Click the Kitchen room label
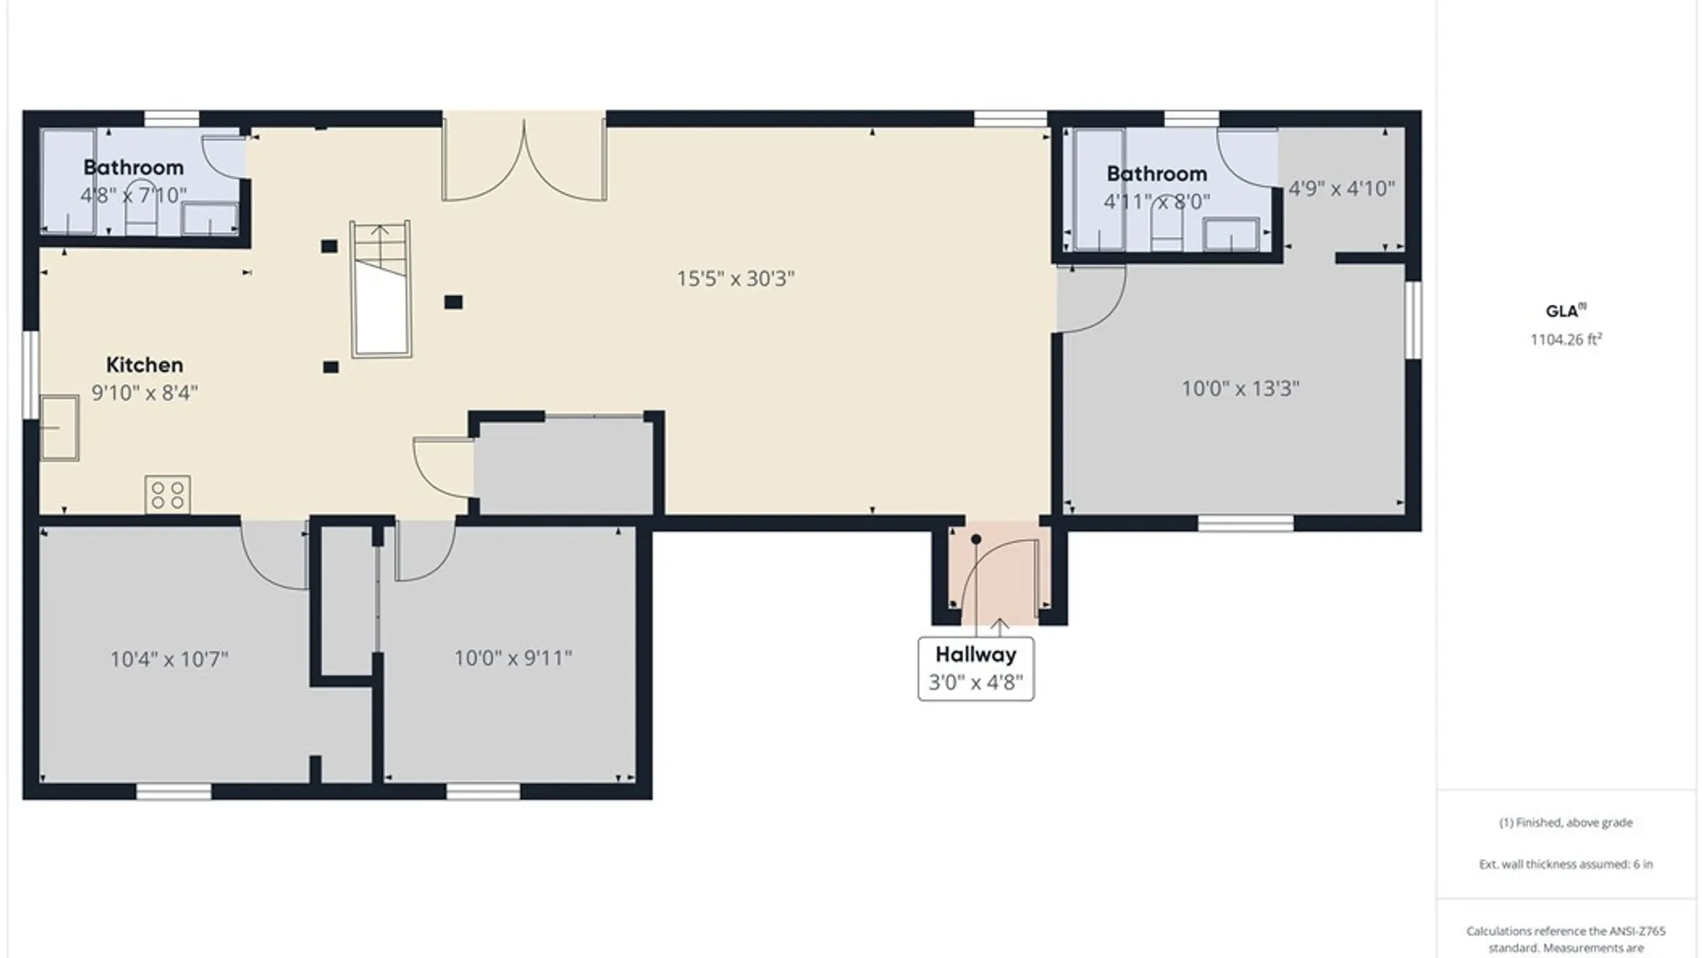pyautogui.click(x=144, y=365)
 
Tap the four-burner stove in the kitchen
pyautogui.click(x=168, y=495)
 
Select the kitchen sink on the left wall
pyautogui.click(x=59, y=428)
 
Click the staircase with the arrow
pyautogui.click(x=381, y=289)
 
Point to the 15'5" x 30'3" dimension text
pyautogui.click(x=736, y=279)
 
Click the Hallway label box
pyautogui.click(x=976, y=669)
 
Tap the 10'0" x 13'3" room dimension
pyautogui.click(x=1240, y=389)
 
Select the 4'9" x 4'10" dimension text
pyautogui.click(x=1341, y=188)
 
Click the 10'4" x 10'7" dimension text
pyautogui.click(x=169, y=659)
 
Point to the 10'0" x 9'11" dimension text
pyautogui.click(x=513, y=658)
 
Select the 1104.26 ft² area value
pyautogui.click(x=1565, y=339)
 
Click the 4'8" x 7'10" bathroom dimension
pyautogui.click(x=134, y=195)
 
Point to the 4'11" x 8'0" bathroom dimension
pyautogui.click(x=1157, y=201)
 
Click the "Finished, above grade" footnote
pyautogui.click(x=1565, y=822)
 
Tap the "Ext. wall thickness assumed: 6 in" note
pyautogui.click(x=1565, y=864)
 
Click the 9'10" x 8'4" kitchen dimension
pyautogui.click(x=144, y=393)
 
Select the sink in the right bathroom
pyautogui.click(x=1230, y=234)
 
